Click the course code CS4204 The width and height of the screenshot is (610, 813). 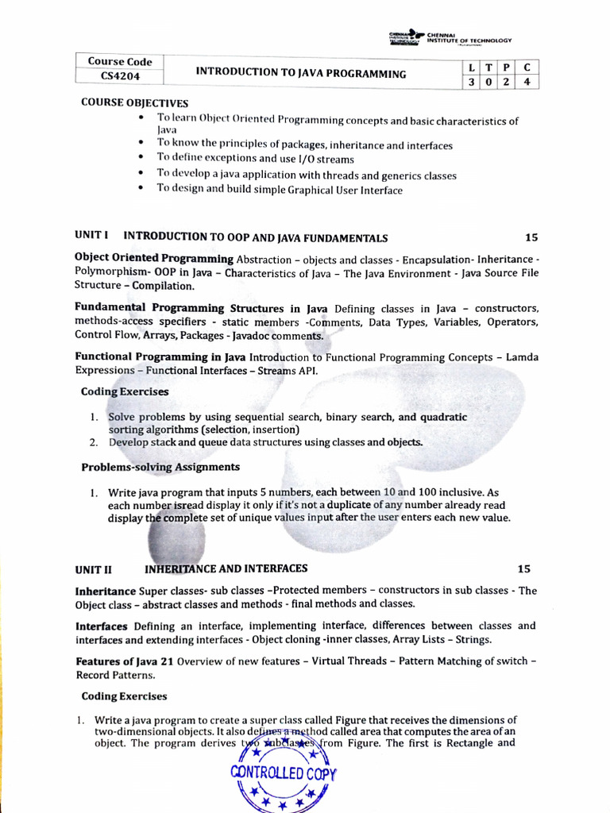pos(118,76)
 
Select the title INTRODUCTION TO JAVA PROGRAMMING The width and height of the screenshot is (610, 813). pos(301,73)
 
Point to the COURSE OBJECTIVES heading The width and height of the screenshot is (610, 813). pos(135,103)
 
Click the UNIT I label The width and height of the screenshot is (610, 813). pos(91,237)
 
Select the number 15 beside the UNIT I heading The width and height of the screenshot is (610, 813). pos(531,237)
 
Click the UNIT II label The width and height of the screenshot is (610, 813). pos(94,569)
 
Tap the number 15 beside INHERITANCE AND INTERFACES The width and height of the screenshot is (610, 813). pos(523,569)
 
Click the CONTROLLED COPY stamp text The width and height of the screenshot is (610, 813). pos(284,773)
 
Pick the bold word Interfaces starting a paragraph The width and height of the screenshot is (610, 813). pos(102,626)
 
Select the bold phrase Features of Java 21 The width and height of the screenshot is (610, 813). pos(125,661)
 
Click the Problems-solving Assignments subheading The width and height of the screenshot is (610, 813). pos(160,467)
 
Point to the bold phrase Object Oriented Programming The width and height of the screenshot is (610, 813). pos(153,259)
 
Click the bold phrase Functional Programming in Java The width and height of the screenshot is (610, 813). pos(160,357)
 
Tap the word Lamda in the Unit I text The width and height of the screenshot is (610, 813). pos(522,357)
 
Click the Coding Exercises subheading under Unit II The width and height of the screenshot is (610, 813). pos(125,696)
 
